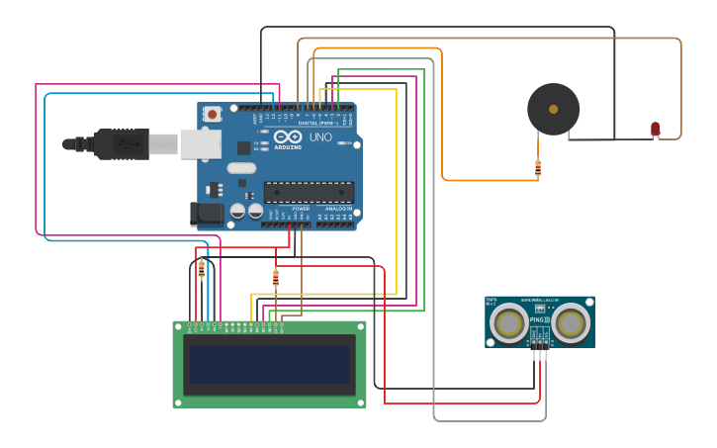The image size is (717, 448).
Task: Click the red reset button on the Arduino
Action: [x=213, y=115]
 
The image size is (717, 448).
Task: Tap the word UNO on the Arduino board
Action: [x=320, y=137]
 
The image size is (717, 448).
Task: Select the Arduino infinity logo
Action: [x=288, y=136]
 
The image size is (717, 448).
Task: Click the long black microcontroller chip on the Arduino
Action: [x=309, y=192]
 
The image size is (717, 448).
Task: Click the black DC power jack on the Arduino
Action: [x=206, y=213]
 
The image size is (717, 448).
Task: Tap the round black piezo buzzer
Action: [x=553, y=109]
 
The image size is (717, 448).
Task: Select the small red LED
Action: [x=655, y=129]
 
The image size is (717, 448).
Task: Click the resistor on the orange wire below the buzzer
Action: [x=537, y=168]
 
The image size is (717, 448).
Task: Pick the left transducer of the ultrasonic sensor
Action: [x=509, y=322]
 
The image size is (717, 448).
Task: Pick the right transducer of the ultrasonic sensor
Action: [x=571, y=322]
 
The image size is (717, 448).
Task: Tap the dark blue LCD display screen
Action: [x=270, y=364]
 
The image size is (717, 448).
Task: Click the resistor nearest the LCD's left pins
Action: [x=202, y=268]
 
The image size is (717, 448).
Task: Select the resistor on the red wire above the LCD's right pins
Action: [x=276, y=278]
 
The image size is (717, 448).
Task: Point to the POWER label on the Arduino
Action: [x=301, y=209]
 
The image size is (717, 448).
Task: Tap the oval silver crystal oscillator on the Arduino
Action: [x=241, y=167]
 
